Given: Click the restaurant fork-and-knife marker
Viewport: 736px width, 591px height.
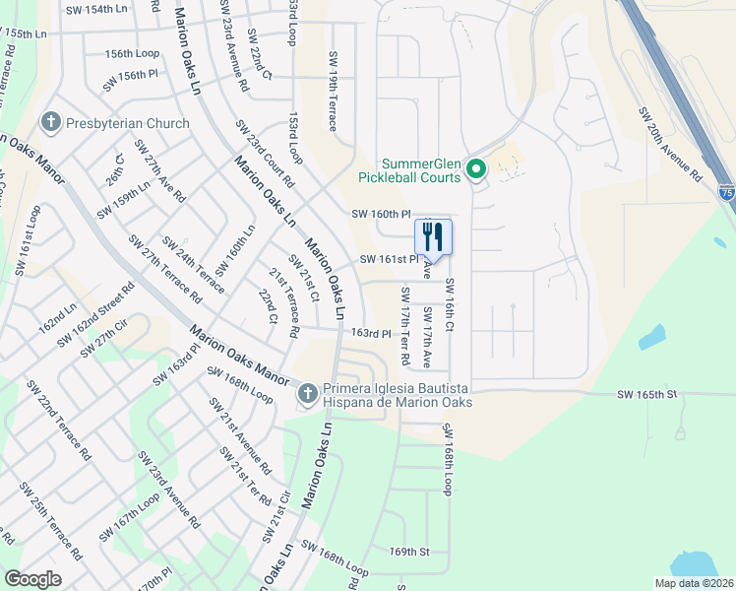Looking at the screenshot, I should (433, 237).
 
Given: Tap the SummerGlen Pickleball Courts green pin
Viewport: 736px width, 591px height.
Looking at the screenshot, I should (476, 170).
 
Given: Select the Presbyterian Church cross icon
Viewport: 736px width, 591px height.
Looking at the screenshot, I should (50, 123).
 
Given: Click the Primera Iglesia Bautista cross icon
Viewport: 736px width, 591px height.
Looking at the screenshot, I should (307, 393).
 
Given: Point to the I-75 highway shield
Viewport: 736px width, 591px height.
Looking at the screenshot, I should (725, 193).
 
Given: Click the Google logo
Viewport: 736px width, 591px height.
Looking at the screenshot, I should (33, 579).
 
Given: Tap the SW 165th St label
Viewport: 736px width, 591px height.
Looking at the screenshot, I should (647, 395).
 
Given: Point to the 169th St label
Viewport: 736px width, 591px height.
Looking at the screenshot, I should (410, 553).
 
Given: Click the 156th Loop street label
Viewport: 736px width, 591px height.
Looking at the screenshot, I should (132, 53).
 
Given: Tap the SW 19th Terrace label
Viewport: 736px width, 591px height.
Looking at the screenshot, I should (334, 92).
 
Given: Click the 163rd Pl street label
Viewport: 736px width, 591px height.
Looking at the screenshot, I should (372, 334).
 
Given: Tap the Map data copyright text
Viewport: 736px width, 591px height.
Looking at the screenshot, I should (693, 583).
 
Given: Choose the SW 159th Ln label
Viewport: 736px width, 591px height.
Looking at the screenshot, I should (124, 200).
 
